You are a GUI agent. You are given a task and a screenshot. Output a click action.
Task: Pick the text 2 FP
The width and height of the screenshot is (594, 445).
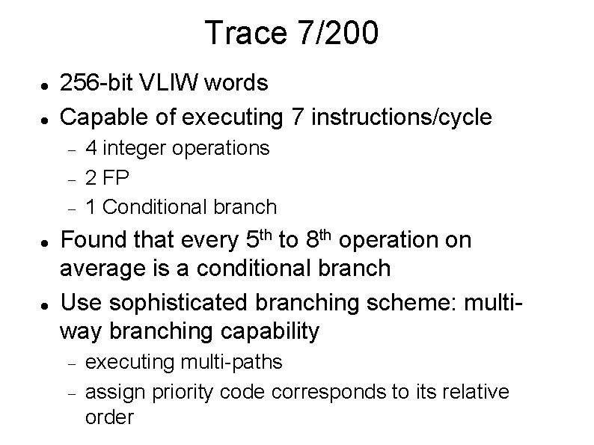pyautogui.click(x=109, y=177)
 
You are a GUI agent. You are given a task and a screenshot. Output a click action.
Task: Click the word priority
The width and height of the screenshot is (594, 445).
pyautogui.click(x=183, y=391)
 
